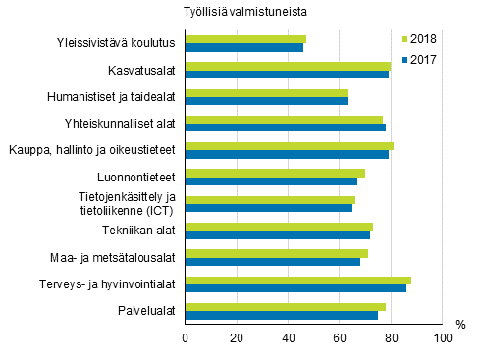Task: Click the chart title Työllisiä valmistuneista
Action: point(243,12)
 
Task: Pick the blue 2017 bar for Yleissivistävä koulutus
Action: point(244,47)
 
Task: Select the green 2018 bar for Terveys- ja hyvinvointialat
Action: point(298,280)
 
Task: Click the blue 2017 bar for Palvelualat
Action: point(282,316)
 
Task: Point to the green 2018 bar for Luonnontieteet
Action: point(275,173)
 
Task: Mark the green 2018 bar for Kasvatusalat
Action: point(288,66)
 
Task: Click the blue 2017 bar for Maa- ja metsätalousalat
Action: point(273,262)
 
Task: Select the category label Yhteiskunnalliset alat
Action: point(120,124)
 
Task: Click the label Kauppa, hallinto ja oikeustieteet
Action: point(91,150)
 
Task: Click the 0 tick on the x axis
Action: point(186,338)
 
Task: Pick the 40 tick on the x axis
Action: point(289,338)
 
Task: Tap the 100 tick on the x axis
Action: point(443,338)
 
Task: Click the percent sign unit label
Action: point(460,324)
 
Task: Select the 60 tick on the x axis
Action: point(340,338)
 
